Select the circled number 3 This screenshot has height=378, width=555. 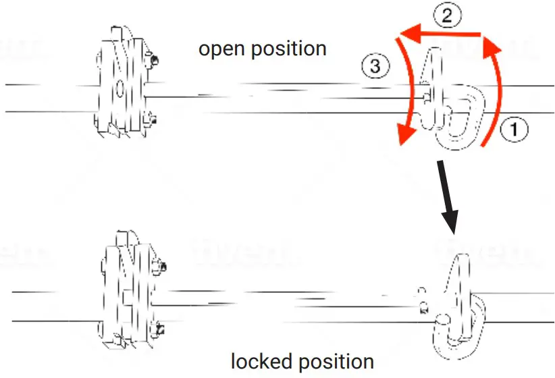pos(375,66)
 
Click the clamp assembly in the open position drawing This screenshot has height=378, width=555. pos(125,81)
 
